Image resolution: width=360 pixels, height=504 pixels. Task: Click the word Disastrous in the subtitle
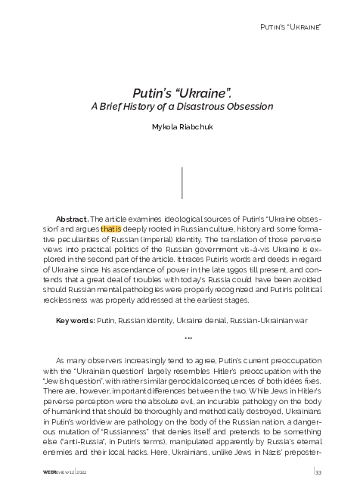211,107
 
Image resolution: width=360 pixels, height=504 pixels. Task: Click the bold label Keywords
75,320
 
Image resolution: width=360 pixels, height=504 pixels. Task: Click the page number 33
318,473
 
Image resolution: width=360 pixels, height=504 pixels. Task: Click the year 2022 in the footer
81,473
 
